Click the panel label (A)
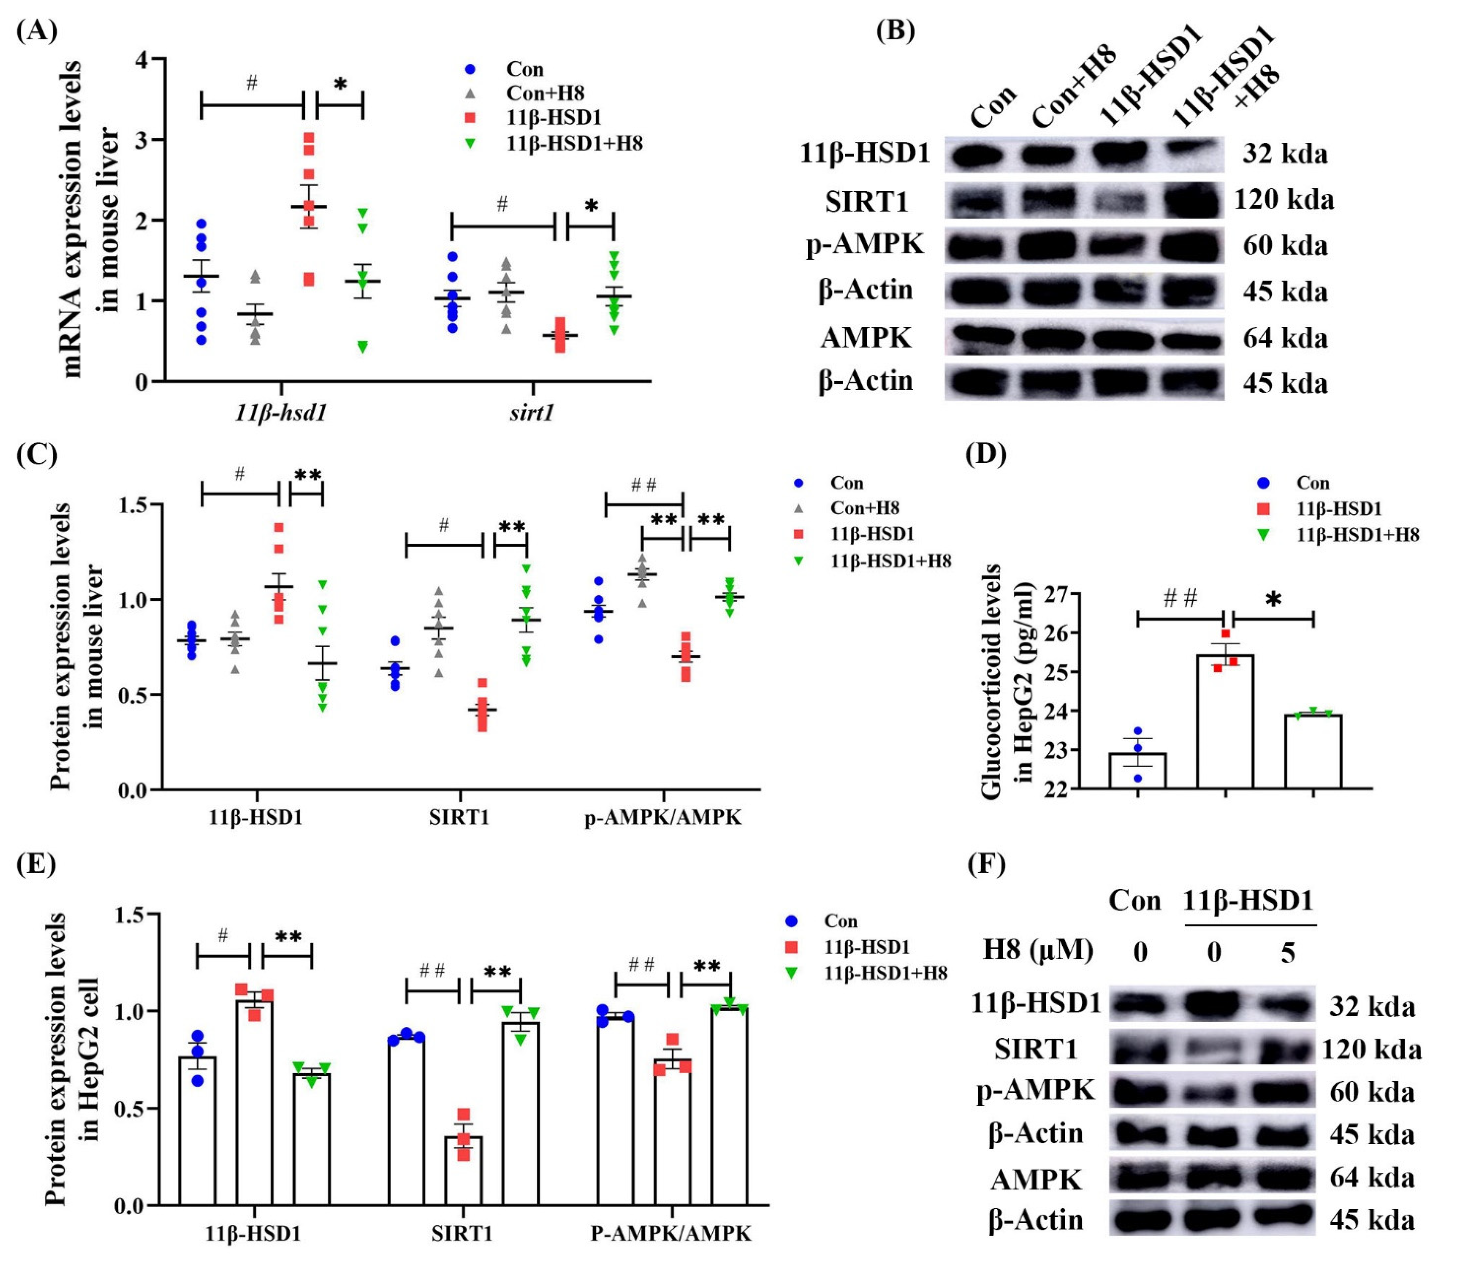click(37, 32)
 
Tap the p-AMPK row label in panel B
click(865, 244)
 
